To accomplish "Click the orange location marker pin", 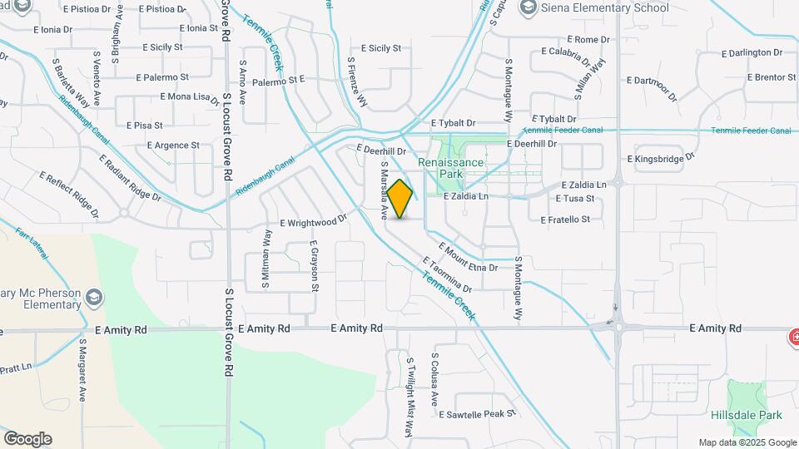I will [400, 199].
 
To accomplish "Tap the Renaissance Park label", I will [451, 169].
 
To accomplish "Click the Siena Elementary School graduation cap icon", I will [527, 7].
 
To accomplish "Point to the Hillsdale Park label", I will [747, 415].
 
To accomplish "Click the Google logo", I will [27, 439].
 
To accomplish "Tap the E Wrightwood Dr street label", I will [313, 222].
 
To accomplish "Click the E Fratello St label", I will [565, 220].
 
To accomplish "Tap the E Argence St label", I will [173, 145].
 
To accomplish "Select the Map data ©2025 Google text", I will [747, 442].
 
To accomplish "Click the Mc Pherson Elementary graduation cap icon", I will [93, 297].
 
